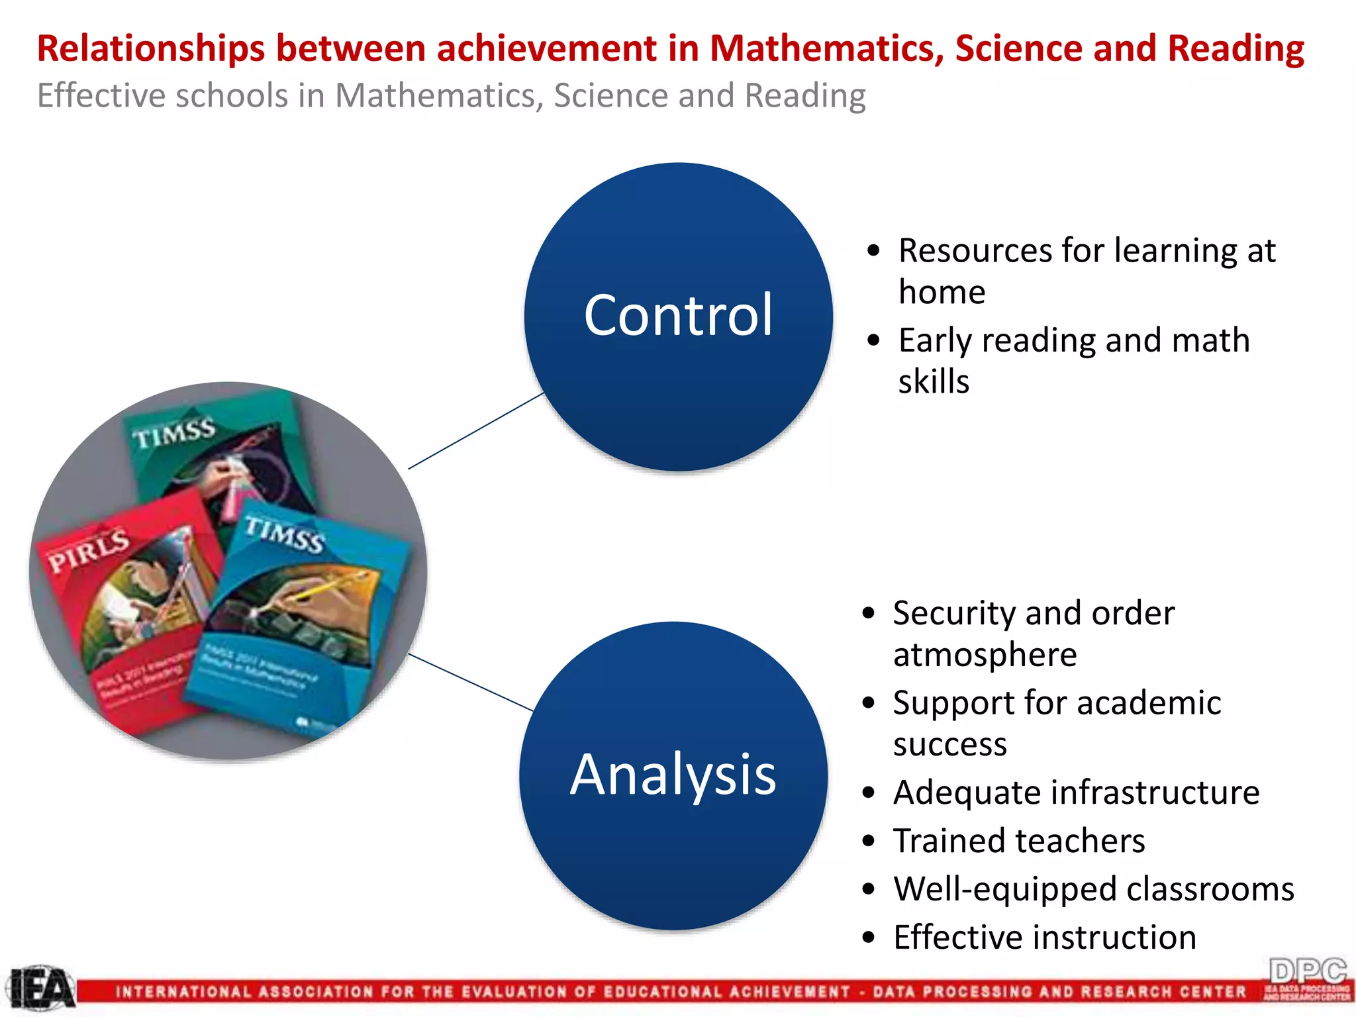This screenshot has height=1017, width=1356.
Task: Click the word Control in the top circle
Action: (x=678, y=315)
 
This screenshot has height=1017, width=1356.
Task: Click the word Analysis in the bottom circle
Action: (x=673, y=775)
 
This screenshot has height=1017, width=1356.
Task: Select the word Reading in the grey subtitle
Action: (x=805, y=96)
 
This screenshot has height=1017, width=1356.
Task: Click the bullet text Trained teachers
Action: (x=1018, y=841)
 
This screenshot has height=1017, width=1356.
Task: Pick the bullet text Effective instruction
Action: (x=1044, y=938)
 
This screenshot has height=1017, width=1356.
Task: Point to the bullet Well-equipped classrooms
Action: (x=1092, y=889)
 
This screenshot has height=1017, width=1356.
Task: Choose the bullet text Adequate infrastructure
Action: (x=1076, y=793)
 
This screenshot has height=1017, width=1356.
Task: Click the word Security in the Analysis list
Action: (x=951, y=613)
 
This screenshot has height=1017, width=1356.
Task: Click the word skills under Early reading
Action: (x=934, y=382)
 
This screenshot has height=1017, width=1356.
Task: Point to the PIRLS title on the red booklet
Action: (x=89, y=550)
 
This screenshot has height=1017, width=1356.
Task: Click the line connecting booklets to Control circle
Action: (x=475, y=431)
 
